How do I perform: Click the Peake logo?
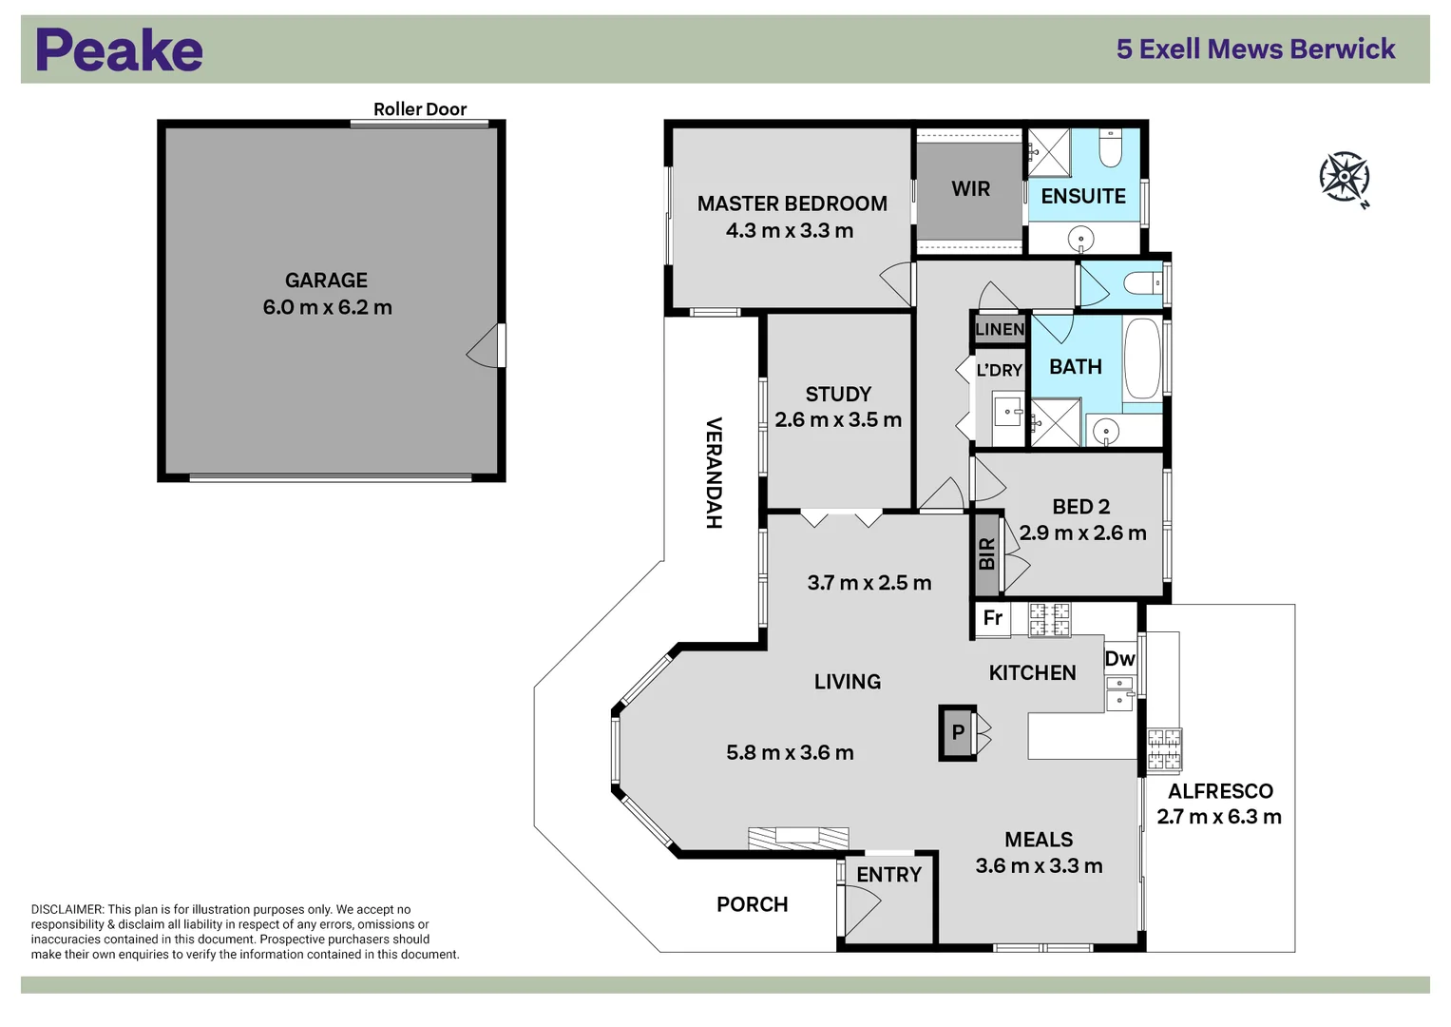tap(119, 50)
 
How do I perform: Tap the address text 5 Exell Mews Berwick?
tap(1255, 49)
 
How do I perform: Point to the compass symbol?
tap(1344, 177)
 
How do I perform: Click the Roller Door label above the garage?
tap(419, 109)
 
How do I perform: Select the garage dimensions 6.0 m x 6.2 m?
tap(327, 307)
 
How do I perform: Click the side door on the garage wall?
tap(487, 346)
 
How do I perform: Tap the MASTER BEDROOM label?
tap(792, 203)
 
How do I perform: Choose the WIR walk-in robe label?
tap(970, 189)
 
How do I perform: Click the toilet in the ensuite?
tap(1110, 147)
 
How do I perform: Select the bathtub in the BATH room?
tap(1142, 358)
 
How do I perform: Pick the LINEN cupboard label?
tap(1000, 329)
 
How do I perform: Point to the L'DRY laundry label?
tap(999, 370)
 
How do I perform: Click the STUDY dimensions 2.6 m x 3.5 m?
tap(837, 419)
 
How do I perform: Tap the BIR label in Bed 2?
tap(986, 553)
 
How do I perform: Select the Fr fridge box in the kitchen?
tap(992, 618)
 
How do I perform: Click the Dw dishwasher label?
tap(1119, 658)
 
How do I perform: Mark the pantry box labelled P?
tap(958, 732)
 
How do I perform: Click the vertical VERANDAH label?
tap(714, 473)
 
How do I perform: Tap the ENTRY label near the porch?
tap(888, 875)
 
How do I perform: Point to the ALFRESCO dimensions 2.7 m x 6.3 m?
tap(1218, 817)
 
